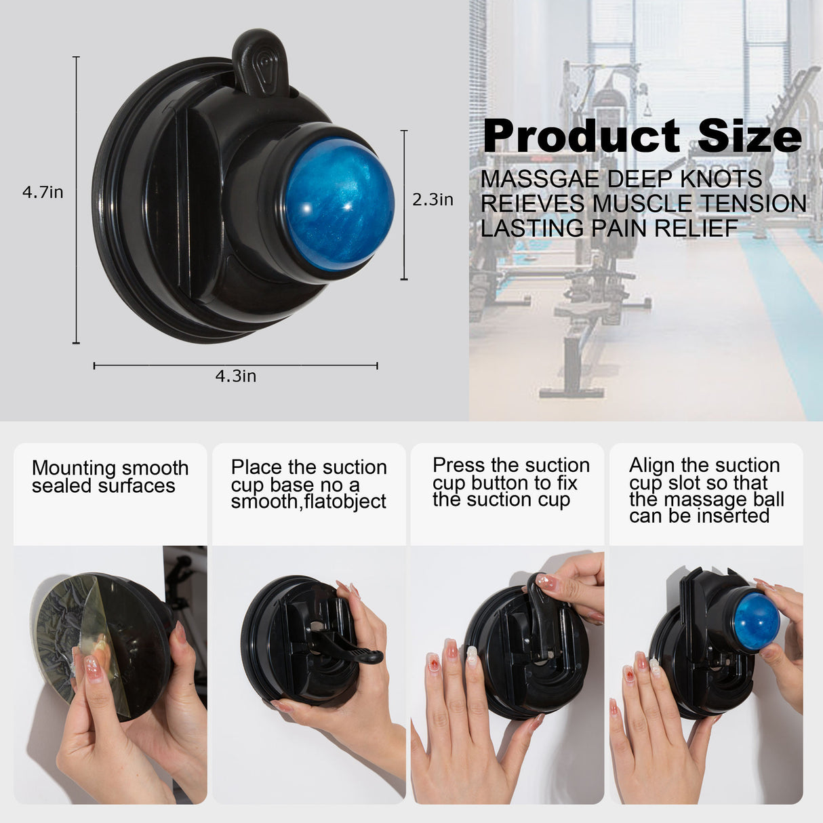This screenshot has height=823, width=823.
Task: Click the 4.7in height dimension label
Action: pos(43,193)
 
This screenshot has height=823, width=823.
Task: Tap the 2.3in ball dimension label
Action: pos(433,200)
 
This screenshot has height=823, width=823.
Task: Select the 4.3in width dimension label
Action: pos(236,376)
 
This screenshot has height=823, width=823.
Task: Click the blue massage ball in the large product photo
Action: pos(339,198)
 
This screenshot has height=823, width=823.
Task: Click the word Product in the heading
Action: pos(581,136)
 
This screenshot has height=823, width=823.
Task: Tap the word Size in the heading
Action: pos(749,136)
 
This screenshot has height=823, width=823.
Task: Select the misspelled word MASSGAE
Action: pos(540,180)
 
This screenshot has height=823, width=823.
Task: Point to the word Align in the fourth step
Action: pos(652,465)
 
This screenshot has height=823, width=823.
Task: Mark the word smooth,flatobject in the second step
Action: pos(308,502)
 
